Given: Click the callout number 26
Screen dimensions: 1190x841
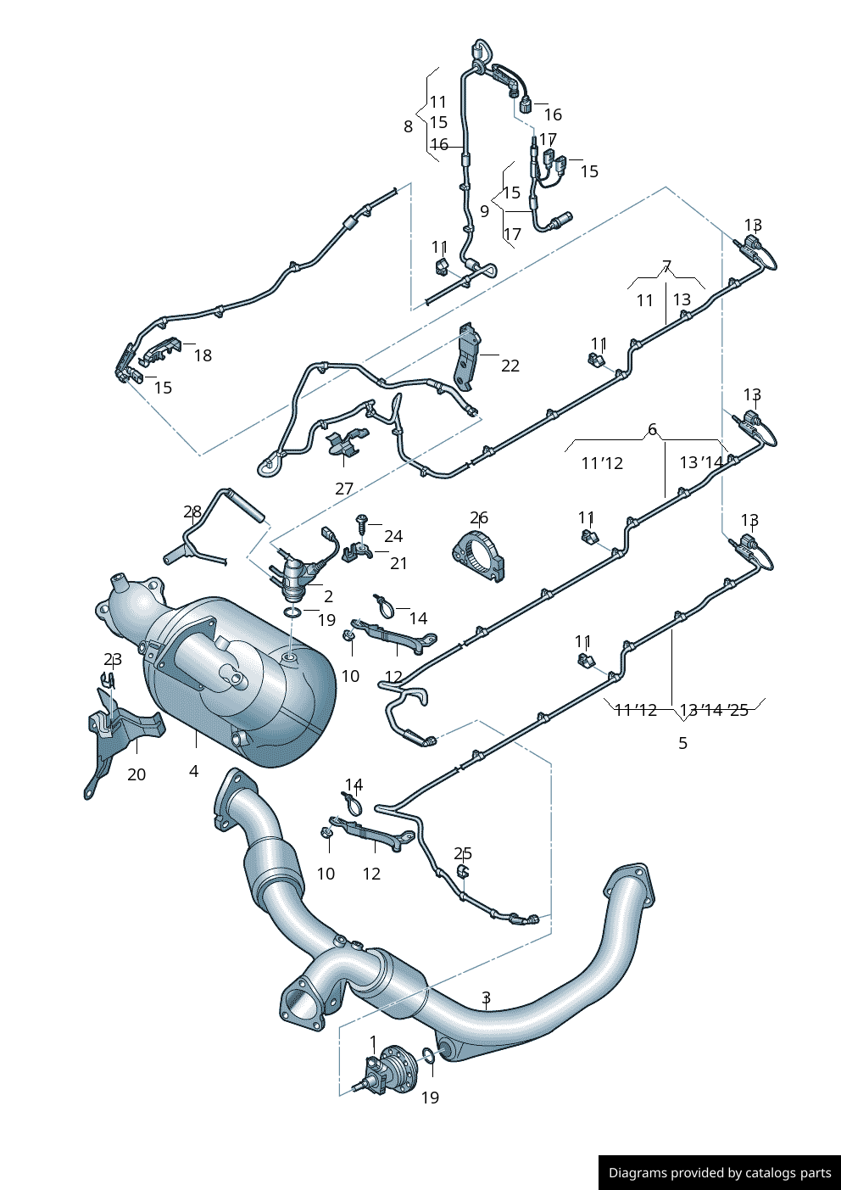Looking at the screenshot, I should coord(479,517).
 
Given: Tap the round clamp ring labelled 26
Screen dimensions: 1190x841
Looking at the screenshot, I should coord(480,556).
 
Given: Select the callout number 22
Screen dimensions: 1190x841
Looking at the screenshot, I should coord(510,366).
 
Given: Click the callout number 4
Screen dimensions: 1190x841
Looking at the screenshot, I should coord(194,771).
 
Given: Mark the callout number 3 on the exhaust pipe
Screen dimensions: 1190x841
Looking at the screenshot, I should coord(486,997).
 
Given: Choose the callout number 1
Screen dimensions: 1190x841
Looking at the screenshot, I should coord(373,1042).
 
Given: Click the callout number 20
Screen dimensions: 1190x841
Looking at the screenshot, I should coord(136,774).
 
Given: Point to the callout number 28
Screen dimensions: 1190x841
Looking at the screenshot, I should coord(192,511).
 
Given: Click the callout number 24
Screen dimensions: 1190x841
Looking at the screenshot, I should coord(393,536).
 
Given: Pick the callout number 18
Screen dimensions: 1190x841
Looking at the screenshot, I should coord(203,355).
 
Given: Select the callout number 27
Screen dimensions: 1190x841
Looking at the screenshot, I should coord(344,489).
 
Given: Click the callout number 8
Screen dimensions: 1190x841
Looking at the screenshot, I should coord(408,126).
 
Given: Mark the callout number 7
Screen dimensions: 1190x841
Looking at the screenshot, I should coord(667,266).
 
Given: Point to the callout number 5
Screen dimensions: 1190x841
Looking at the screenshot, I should coord(682,743).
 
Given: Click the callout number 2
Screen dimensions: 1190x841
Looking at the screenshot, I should coord(328,596).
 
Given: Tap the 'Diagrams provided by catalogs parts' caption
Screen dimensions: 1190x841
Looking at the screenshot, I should coord(720,1173).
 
